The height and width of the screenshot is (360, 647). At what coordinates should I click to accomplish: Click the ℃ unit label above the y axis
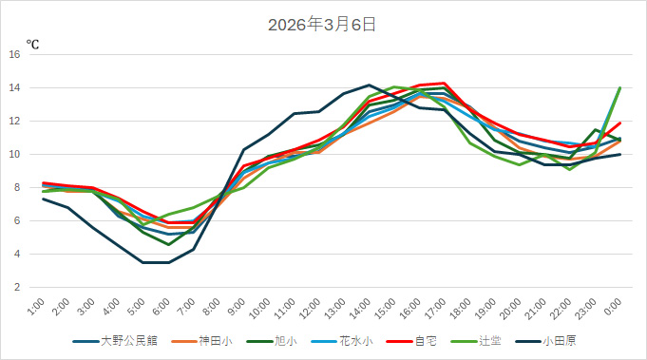pos(32,44)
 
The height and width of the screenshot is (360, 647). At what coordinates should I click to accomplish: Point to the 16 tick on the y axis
pos(15,54)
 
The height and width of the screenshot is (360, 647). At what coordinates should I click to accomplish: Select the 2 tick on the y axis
pos(17,287)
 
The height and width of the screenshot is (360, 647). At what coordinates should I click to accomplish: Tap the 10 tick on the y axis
pos(15,154)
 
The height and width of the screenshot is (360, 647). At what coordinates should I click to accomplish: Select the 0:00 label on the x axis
pos(614,308)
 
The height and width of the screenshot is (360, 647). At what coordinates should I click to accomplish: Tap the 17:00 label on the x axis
pos(439,308)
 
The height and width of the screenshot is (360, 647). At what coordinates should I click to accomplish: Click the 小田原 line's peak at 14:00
pos(370,85)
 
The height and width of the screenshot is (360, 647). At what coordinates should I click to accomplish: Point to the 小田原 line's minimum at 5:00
pos(144,262)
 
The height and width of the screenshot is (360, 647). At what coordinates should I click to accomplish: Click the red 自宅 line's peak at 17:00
pos(445,83)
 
